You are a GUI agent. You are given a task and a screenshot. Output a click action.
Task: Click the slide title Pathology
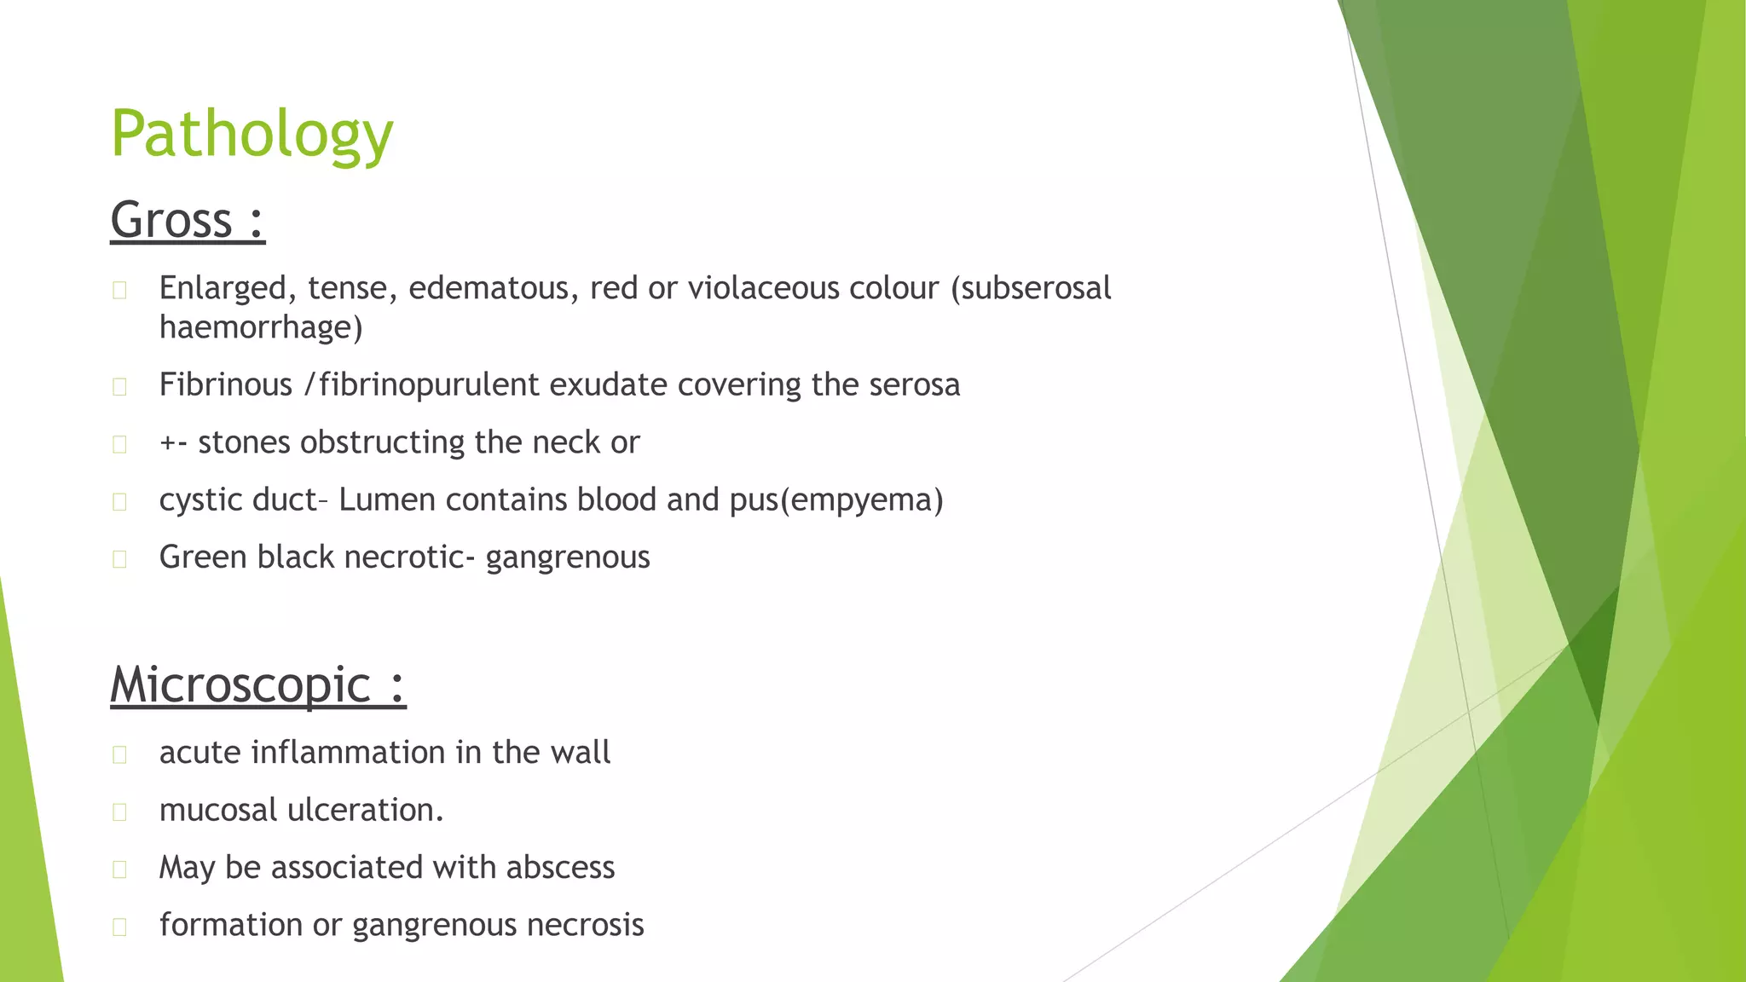click(x=251, y=135)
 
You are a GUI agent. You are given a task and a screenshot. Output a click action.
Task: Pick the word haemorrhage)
click(x=261, y=327)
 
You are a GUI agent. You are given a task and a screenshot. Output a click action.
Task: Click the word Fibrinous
click(x=225, y=384)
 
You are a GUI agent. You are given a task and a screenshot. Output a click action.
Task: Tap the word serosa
click(x=914, y=384)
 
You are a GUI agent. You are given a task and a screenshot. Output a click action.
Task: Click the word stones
click(x=244, y=442)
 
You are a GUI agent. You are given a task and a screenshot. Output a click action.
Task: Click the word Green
click(x=203, y=557)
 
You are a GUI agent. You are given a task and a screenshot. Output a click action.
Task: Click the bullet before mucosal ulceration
click(x=119, y=812)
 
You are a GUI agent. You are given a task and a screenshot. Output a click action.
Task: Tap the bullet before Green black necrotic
click(x=119, y=558)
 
